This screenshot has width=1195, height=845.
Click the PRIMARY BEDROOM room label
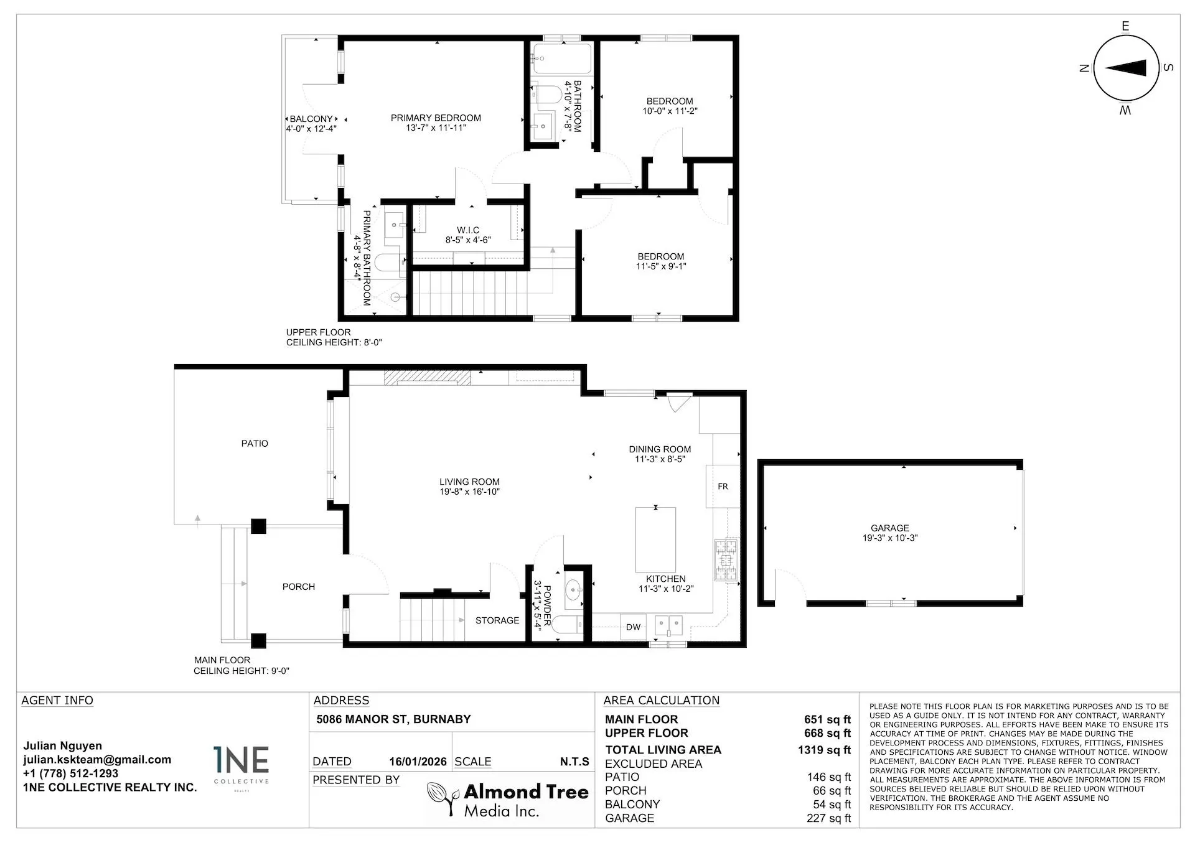(x=436, y=118)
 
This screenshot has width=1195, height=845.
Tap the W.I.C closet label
(x=468, y=230)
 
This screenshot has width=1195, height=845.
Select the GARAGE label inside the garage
(x=889, y=528)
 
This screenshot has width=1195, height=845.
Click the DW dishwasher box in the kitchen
(x=633, y=627)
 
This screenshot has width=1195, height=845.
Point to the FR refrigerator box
(x=723, y=486)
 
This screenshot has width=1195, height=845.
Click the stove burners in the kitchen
(x=726, y=560)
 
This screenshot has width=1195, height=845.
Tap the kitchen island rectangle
(x=655, y=539)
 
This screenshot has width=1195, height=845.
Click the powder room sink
(x=573, y=587)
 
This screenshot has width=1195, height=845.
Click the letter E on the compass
(x=1125, y=26)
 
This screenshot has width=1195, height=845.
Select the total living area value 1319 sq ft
(x=823, y=750)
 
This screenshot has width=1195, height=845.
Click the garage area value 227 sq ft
(x=828, y=818)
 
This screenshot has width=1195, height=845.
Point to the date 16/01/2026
(x=418, y=762)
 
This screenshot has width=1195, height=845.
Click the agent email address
(x=97, y=759)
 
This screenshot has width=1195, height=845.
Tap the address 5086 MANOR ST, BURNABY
(x=393, y=719)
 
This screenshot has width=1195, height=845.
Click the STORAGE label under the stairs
(x=497, y=620)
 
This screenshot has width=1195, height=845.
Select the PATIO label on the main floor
(x=255, y=444)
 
